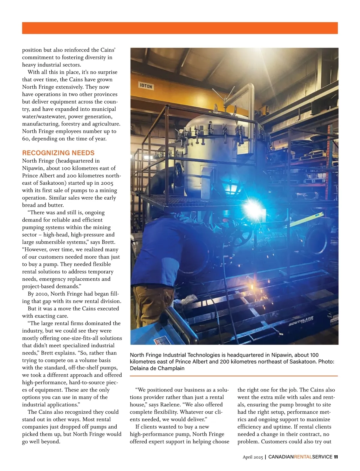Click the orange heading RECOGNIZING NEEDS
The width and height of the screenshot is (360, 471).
tap(58, 153)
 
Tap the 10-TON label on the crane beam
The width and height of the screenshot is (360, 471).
tap(146, 86)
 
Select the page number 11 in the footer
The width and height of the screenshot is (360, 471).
tap(336, 457)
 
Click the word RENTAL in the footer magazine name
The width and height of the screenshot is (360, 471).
tap(303, 457)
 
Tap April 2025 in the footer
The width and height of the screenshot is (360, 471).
tap(253, 457)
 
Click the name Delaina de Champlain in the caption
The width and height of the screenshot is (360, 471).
tap(157, 368)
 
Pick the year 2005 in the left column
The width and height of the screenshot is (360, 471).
tap(107, 183)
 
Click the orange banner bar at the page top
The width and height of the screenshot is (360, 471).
tap(180, 28)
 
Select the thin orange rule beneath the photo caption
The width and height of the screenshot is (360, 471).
tap(234, 376)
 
